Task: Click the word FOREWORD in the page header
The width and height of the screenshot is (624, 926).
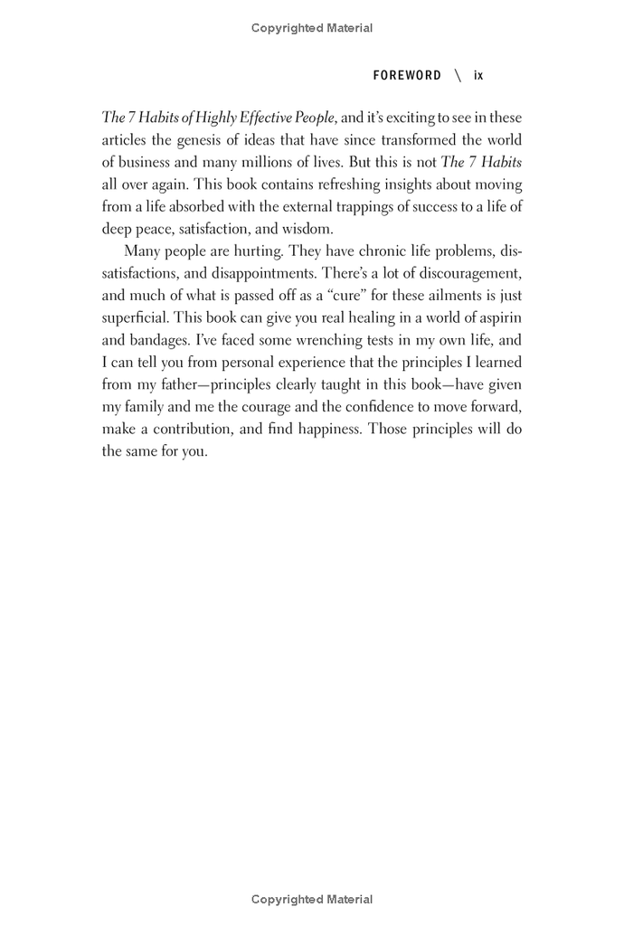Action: click(407, 75)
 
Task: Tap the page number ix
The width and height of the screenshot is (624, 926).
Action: click(478, 75)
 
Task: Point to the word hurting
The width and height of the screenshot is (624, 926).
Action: click(257, 250)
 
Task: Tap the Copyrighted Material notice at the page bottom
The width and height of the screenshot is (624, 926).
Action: click(312, 900)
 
